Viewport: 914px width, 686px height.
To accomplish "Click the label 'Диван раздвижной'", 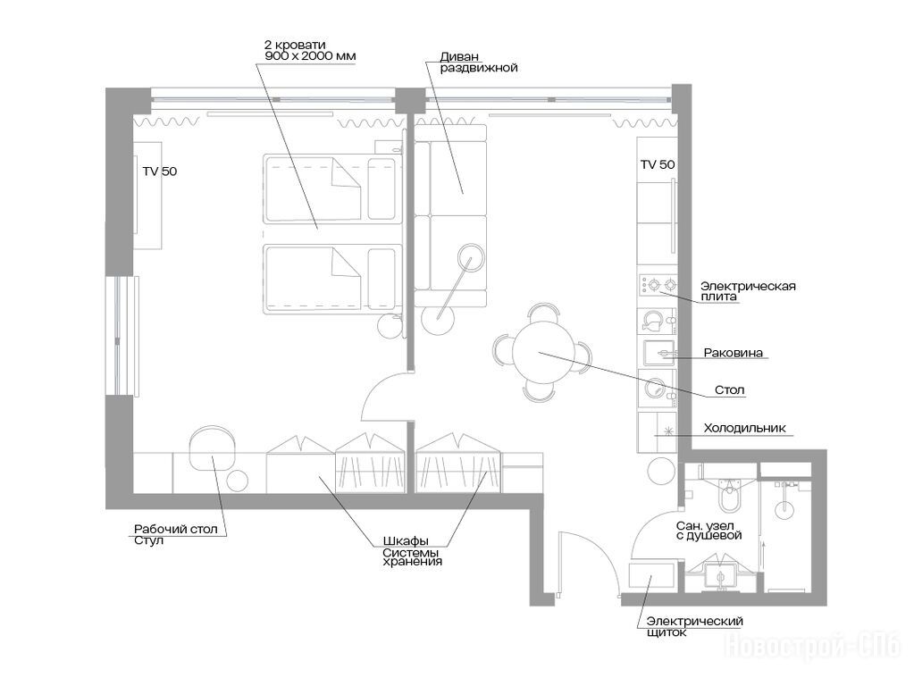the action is point(479,62).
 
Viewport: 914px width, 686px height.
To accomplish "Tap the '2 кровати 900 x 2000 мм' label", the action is point(309,50).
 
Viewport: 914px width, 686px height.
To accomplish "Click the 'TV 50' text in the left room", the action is point(160,171).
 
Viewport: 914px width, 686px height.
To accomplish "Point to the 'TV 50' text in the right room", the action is point(658,164).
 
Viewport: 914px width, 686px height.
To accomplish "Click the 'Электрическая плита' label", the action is point(748,291).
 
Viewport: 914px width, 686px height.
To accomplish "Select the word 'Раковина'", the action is point(733,353).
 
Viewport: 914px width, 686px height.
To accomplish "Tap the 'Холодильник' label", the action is point(744,428).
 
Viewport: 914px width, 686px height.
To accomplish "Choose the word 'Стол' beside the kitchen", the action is point(729,389).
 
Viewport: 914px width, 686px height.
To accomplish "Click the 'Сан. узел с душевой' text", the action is point(709,531).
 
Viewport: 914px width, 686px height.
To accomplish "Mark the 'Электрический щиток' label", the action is point(695,626).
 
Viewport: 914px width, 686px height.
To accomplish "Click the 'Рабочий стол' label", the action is point(175,529).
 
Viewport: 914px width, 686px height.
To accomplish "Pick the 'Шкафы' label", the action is point(406,541).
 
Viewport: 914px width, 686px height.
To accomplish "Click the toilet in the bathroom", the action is point(729,494).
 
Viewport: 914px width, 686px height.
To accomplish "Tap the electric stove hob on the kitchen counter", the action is point(658,285).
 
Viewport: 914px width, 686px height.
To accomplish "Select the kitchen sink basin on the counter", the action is point(658,353).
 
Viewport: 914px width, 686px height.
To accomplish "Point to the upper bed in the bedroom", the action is point(332,188).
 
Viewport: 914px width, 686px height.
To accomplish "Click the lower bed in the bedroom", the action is point(332,280).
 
